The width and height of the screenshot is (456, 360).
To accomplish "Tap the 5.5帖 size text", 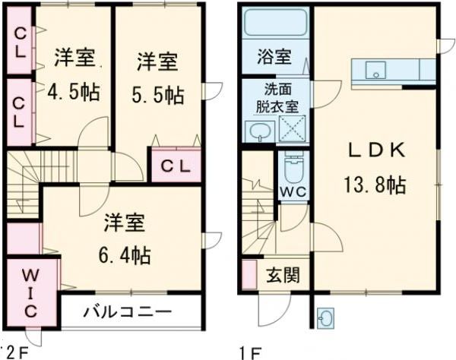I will point(159,96).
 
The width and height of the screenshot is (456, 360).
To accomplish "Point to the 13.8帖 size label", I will point(372,185).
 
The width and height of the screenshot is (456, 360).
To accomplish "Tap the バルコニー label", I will point(128,311).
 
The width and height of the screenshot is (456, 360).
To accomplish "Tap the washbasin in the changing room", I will point(259,130).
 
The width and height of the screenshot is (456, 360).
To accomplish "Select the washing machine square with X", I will point(293,128).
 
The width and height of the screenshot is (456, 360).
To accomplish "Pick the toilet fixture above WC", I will point(293,164).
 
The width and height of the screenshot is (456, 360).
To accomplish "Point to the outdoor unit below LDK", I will point(326,318).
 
